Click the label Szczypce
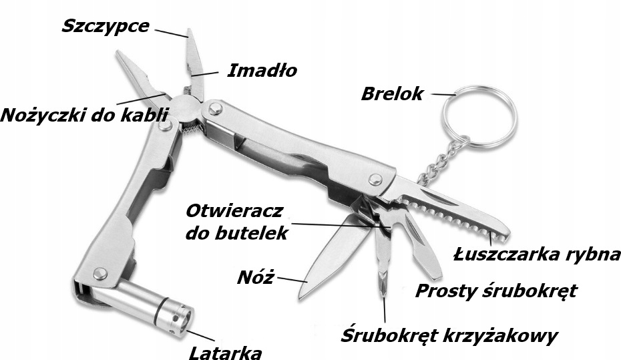pos(105,26)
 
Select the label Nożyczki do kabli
pos(83,114)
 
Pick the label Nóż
pos(255,277)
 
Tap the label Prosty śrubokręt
pos(495,291)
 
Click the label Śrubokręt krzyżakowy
pos(449,334)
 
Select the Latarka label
pos(224,351)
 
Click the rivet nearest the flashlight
pos(100,273)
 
